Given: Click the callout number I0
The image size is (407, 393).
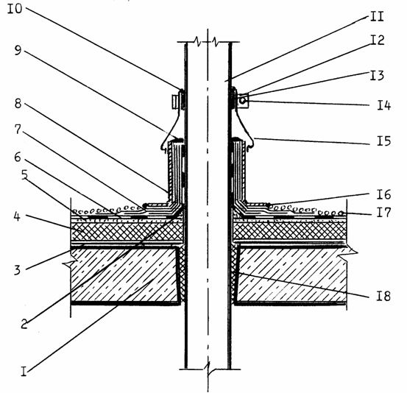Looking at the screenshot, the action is click(15, 9).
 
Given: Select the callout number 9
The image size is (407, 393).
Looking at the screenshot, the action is click(18, 50).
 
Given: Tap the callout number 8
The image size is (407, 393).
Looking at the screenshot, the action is click(18, 104).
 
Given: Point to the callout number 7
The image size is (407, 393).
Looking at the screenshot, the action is click(18, 130).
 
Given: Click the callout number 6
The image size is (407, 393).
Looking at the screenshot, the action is click(18, 157).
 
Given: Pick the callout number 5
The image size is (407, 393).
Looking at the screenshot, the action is click(24, 175).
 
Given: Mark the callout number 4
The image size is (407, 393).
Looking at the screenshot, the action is click(17, 216).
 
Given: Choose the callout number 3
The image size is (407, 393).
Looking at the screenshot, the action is click(17, 270).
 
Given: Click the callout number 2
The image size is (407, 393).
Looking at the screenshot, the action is click(24, 324).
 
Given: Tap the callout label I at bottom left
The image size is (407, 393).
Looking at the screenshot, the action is click(24, 372).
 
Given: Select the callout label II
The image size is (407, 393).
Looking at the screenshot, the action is click(377, 16).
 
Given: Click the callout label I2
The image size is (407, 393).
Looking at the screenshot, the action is click(377, 40).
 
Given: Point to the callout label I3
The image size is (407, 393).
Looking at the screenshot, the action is click(377, 76).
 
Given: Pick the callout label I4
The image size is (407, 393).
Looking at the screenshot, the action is click(384, 105).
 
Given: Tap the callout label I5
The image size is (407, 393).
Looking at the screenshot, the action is click(384, 141).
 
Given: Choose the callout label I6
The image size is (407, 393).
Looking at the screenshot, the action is click(384, 195).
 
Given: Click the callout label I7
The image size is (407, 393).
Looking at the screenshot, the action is click(384, 213).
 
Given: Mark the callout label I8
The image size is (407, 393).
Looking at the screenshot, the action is click(383, 296).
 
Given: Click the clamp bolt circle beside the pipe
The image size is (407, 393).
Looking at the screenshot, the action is click(242, 101).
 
